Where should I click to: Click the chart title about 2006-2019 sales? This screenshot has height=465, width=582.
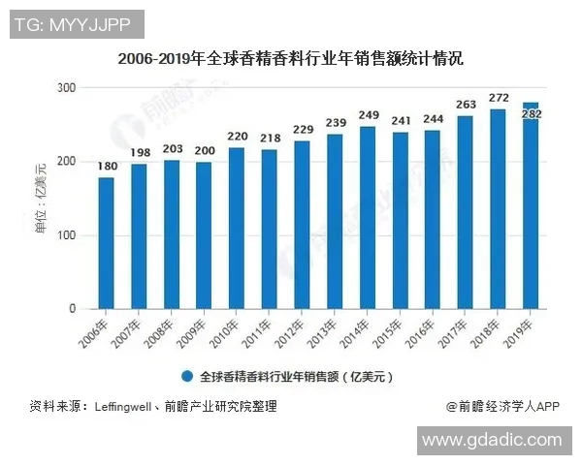click(291, 58)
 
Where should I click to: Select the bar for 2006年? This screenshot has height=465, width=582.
click(107, 243)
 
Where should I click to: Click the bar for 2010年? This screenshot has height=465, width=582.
click(237, 229)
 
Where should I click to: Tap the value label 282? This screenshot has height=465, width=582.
click(531, 115)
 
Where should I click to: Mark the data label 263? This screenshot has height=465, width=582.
click(466, 106)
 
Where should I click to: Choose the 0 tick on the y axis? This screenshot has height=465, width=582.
click(72, 309)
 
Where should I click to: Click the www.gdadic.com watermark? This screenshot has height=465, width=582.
click(493, 440)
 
